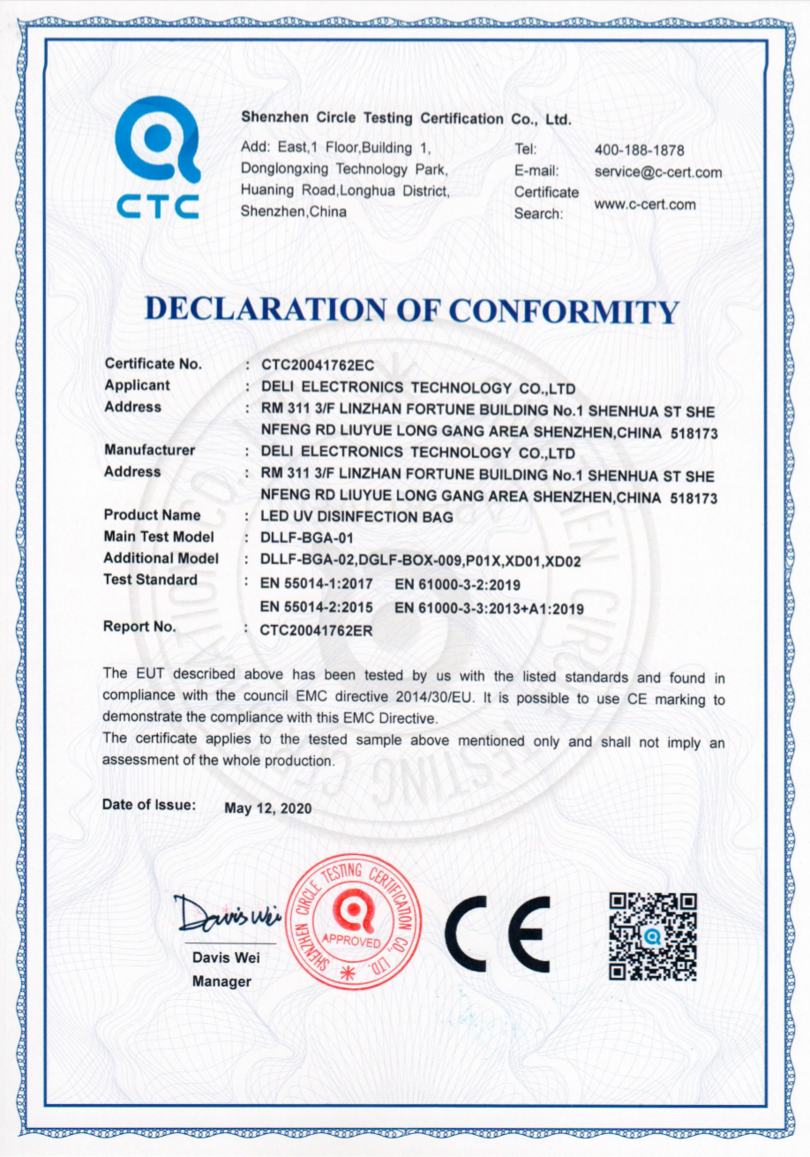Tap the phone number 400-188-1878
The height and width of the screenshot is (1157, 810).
tap(639, 150)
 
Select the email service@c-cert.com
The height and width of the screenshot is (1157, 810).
tap(657, 172)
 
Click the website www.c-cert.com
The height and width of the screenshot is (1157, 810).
tap(644, 205)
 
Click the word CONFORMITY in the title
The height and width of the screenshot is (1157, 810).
tap(564, 311)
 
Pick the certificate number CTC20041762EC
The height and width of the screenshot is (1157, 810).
tap(312, 364)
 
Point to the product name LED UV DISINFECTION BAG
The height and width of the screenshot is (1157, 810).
tap(356, 517)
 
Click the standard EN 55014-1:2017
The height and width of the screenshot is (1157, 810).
tap(317, 583)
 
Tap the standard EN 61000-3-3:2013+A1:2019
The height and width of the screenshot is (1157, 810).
tap(489, 608)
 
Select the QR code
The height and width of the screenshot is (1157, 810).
tap(653, 935)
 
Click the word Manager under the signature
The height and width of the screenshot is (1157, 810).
tap(221, 981)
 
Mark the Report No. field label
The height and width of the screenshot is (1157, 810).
tap(139, 627)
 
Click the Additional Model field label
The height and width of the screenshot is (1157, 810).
tap(161, 559)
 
